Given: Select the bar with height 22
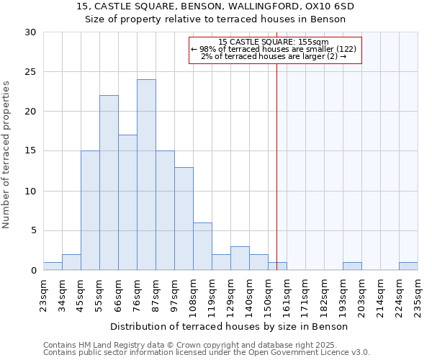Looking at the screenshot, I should pos(109,183).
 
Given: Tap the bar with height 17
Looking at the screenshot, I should pos(127,202).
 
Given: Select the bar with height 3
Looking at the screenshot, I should pos(240,258).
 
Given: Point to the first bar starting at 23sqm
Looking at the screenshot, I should pos(53,266).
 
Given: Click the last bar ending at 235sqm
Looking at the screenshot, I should pos(408,266).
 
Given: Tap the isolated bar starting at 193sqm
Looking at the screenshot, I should pos(352,266).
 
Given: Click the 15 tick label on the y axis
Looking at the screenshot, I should pos(30,151).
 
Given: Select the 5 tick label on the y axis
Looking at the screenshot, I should pos(32,231).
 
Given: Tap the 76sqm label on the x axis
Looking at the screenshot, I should pos(138,291).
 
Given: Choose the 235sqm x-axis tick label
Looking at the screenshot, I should pos(418,293).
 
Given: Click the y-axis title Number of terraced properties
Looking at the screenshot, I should pos(7,155).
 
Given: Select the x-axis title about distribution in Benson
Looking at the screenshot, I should pos(230,326).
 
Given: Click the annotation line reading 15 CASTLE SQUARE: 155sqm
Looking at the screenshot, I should pos(274,42).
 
